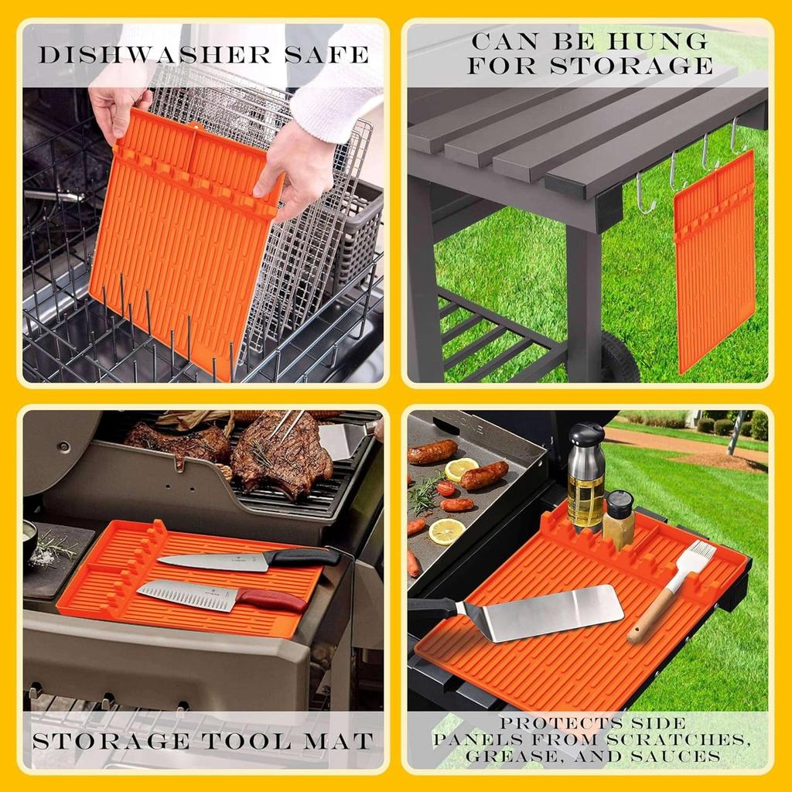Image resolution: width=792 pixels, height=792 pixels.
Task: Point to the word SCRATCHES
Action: click(x=681, y=739)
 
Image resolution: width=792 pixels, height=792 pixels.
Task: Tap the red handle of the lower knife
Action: click(x=271, y=599)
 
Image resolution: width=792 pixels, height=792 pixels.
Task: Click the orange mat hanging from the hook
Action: click(x=714, y=260)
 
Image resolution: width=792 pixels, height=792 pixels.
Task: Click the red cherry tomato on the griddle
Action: click(x=445, y=488)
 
